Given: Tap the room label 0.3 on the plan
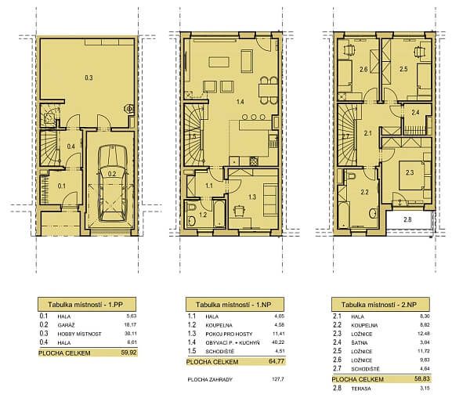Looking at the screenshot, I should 89,78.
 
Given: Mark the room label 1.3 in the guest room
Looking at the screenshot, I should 253,197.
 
